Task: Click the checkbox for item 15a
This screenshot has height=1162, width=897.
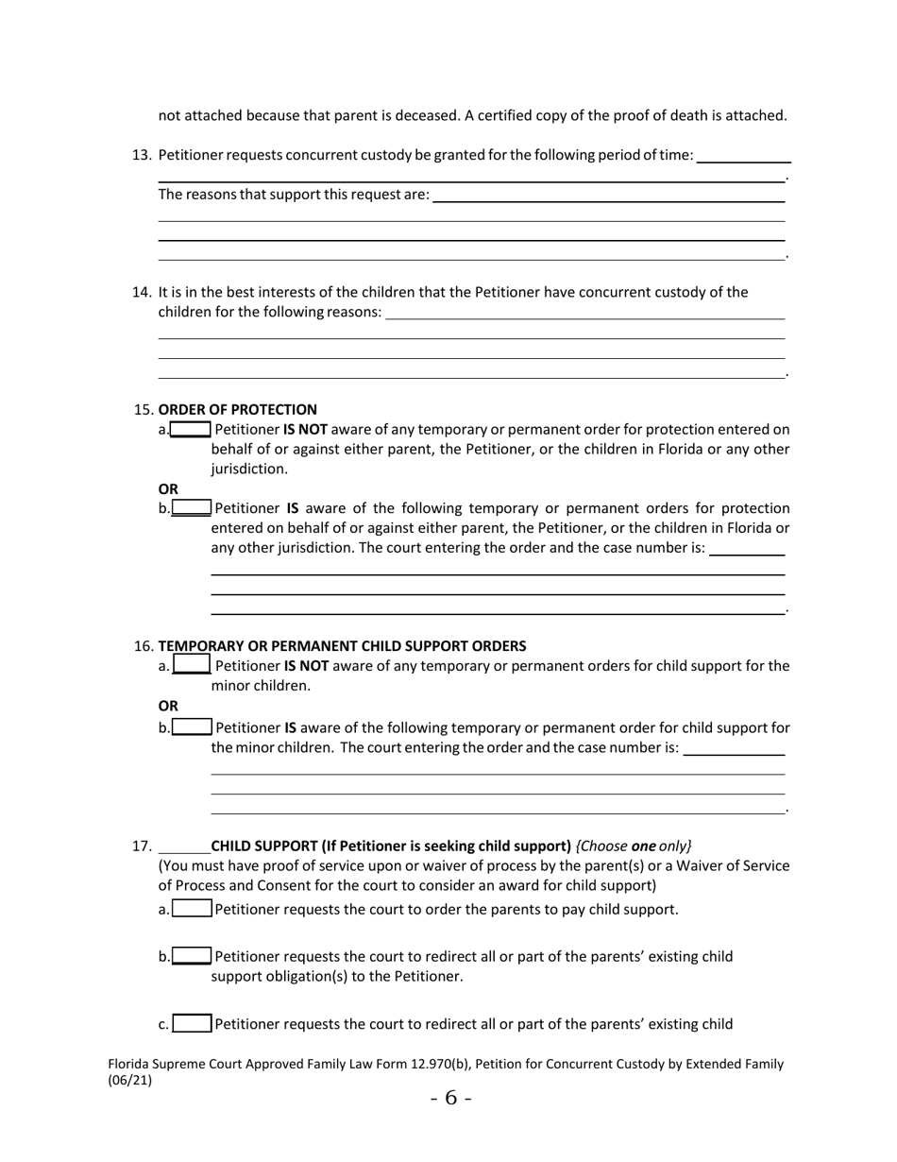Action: tap(191, 430)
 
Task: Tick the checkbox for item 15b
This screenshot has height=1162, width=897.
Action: tap(192, 508)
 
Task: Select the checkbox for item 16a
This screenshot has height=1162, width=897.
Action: tap(192, 666)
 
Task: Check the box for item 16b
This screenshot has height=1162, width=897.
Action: tap(193, 727)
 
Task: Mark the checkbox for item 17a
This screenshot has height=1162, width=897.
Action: tap(193, 910)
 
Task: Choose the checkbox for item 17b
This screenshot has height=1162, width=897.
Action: tap(193, 956)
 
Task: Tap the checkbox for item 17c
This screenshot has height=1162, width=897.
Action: tap(193, 1024)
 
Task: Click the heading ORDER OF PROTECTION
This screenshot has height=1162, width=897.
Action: tap(238, 410)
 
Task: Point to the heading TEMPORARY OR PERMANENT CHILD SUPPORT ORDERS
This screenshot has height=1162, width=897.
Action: tap(342, 646)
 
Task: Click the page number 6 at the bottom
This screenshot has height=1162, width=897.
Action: tap(450, 1098)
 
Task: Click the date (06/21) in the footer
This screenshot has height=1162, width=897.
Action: tap(130, 1081)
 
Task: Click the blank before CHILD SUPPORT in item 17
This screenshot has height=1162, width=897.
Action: tap(184, 846)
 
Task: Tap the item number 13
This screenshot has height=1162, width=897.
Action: tap(142, 155)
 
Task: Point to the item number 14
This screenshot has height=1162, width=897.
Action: tap(142, 293)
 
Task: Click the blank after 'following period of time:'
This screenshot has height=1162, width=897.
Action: tap(743, 157)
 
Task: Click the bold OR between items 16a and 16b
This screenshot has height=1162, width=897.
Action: tap(168, 706)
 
